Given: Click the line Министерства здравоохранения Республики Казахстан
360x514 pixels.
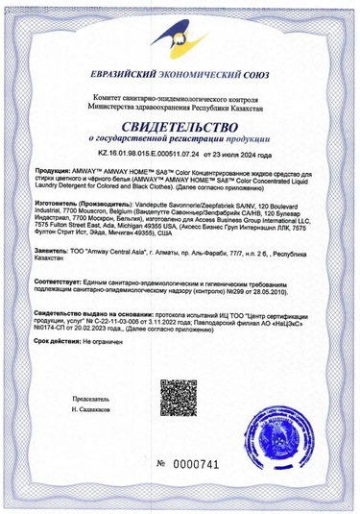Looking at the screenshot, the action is pyautogui.click(x=180, y=107).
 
